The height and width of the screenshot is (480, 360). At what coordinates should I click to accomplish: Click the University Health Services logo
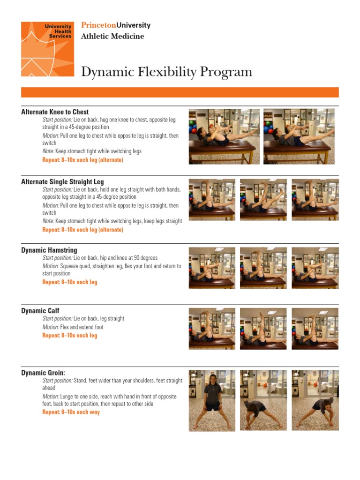(47, 49)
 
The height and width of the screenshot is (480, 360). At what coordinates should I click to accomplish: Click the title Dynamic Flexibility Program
(166, 72)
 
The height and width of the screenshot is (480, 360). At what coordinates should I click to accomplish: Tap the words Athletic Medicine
(112, 36)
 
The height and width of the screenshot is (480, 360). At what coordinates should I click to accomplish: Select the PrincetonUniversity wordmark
(116, 25)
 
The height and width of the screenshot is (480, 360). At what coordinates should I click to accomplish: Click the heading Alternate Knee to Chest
(55, 112)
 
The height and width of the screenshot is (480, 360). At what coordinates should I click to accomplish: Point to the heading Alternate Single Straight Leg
(62, 181)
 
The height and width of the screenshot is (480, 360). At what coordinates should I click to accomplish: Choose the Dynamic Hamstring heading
(49, 250)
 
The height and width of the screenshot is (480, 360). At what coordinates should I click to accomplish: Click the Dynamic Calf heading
(40, 311)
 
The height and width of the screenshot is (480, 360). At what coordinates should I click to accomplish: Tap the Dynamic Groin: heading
(43, 373)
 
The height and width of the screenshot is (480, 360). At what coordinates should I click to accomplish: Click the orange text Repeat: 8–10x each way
(71, 412)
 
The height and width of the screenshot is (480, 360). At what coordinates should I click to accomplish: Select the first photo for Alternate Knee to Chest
(224, 136)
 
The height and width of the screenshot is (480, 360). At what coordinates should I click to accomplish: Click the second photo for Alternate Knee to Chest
(299, 136)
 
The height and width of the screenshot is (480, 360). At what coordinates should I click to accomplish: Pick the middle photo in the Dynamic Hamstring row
(263, 268)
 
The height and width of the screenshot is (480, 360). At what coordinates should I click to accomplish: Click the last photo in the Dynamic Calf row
(315, 329)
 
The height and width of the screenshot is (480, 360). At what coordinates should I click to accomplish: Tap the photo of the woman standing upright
(212, 400)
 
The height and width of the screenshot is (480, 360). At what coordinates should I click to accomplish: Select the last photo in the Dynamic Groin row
(315, 400)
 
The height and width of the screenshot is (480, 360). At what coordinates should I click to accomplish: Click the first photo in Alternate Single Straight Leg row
(212, 200)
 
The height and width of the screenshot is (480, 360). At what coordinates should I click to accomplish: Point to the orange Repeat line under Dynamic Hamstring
(70, 282)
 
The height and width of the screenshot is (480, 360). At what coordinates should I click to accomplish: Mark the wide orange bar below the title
(180, 92)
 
